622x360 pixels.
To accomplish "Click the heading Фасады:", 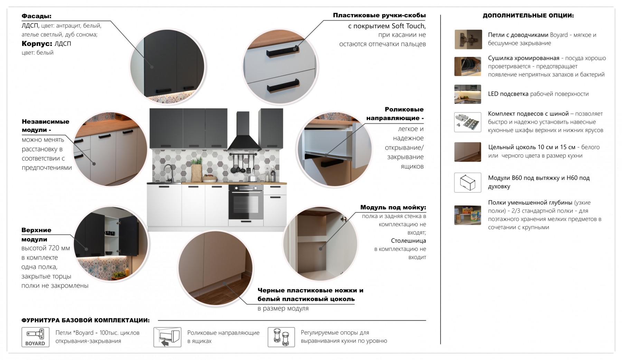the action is point(36,16).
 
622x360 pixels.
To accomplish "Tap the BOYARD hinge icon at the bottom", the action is point(35,337).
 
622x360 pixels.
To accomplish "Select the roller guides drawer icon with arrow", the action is point(167,337).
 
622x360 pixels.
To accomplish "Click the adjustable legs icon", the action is point(281,337).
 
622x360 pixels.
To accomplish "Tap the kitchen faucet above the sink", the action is point(169,173).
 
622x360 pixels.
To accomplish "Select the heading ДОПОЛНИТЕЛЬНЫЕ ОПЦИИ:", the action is point(528,16).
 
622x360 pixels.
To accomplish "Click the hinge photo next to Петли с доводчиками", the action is point(468,39).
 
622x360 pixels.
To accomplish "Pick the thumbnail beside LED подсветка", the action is point(468,94).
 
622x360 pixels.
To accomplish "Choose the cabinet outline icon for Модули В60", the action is point(468,182).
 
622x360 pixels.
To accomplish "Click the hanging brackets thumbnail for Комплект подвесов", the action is point(468,122).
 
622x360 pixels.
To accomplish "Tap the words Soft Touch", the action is point(408,26).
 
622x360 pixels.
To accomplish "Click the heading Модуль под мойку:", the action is point(393,207).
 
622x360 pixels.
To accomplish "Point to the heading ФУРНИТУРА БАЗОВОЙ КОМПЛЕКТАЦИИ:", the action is point(86,320).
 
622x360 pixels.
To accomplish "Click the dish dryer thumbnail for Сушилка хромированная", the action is point(468,66).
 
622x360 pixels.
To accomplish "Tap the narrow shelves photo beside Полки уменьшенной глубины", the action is point(468,215).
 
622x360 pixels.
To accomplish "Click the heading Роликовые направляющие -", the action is point(395,114).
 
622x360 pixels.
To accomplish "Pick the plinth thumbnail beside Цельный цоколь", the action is point(468,152).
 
